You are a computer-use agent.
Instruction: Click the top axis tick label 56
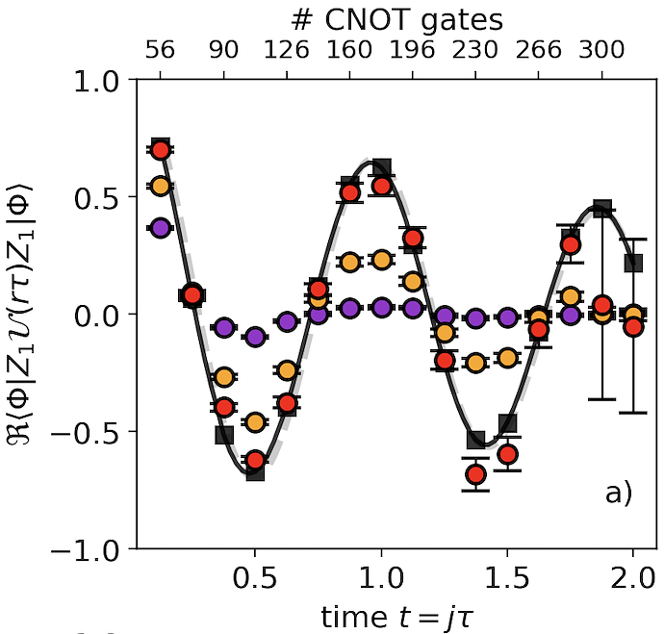tap(160, 50)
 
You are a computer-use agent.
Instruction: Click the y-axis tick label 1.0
tap(98, 80)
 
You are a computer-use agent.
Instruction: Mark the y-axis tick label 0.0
tap(98, 315)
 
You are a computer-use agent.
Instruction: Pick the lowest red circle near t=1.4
tap(475, 474)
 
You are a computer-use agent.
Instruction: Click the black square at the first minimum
tap(255, 471)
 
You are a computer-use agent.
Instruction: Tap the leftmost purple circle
tap(161, 228)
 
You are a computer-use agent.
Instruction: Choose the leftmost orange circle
tap(161, 186)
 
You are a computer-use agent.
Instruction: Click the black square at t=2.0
tap(633, 262)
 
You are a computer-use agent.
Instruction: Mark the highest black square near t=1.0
tap(381, 168)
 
